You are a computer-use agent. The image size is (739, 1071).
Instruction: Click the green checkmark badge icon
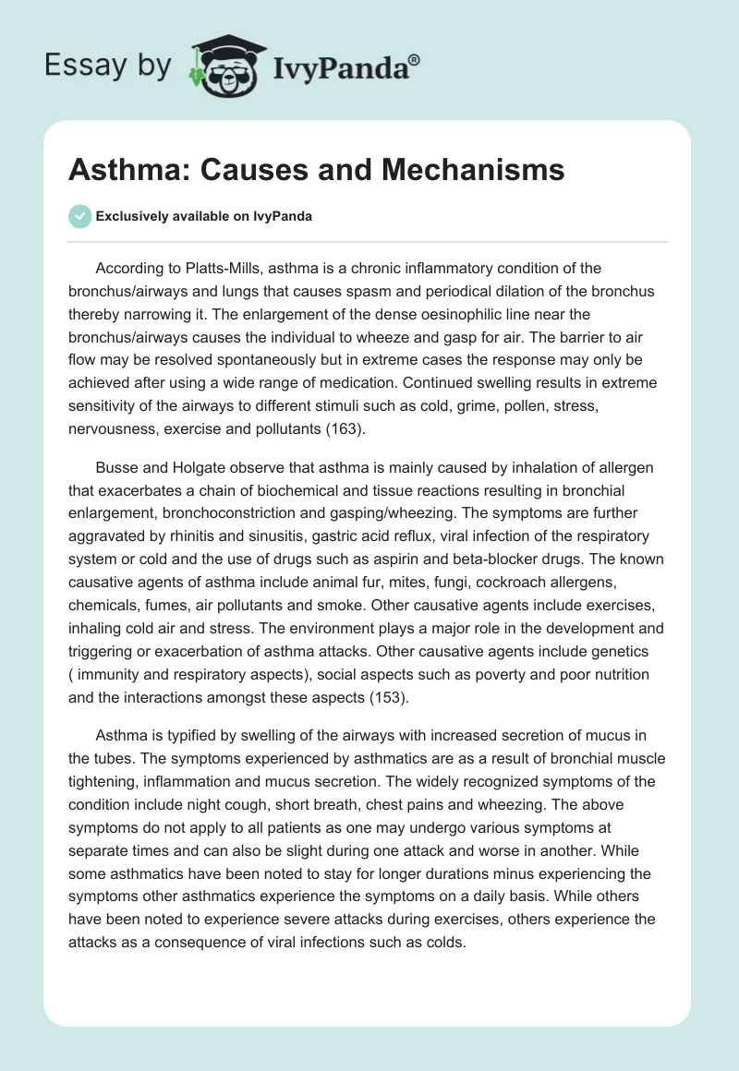click(x=79, y=216)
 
